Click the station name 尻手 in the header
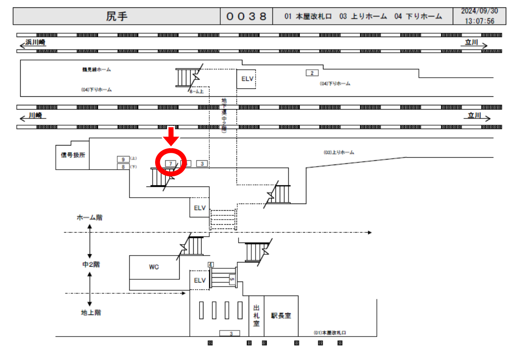tap(117, 16)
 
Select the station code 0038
tap(246, 16)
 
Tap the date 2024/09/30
tap(479, 11)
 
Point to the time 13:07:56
tap(479, 21)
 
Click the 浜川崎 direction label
tap(35, 43)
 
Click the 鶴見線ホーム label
tap(96, 70)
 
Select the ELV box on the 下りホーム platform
tap(247, 79)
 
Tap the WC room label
tap(154, 267)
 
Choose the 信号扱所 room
tap(72, 155)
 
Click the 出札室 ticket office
tap(256, 316)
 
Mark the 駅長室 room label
tap(281, 316)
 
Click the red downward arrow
tap(171, 136)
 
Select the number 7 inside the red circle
tap(171, 163)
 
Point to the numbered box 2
tap(312, 73)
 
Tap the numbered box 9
tap(123, 159)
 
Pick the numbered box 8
tap(123, 167)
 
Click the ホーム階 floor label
tap(90, 218)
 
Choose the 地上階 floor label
tap(91, 313)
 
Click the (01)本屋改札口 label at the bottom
tap(330, 333)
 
